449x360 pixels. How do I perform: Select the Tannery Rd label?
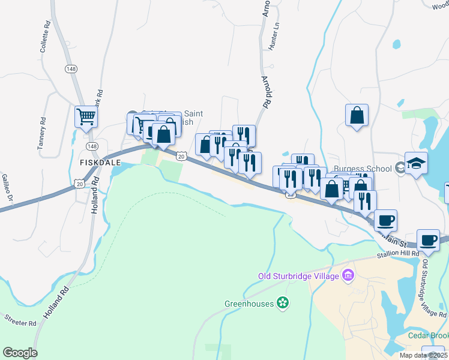click(x=41, y=133)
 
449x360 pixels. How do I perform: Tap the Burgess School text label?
click(x=364, y=168)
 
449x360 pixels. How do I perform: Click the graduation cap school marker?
click(x=416, y=163)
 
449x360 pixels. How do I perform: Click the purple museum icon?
click(x=347, y=276)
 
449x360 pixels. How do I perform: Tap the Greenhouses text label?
click(x=249, y=304)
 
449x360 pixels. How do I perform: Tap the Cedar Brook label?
click(x=428, y=336)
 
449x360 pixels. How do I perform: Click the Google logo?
click(x=20, y=353)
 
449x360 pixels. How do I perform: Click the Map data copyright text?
click(x=423, y=355)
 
